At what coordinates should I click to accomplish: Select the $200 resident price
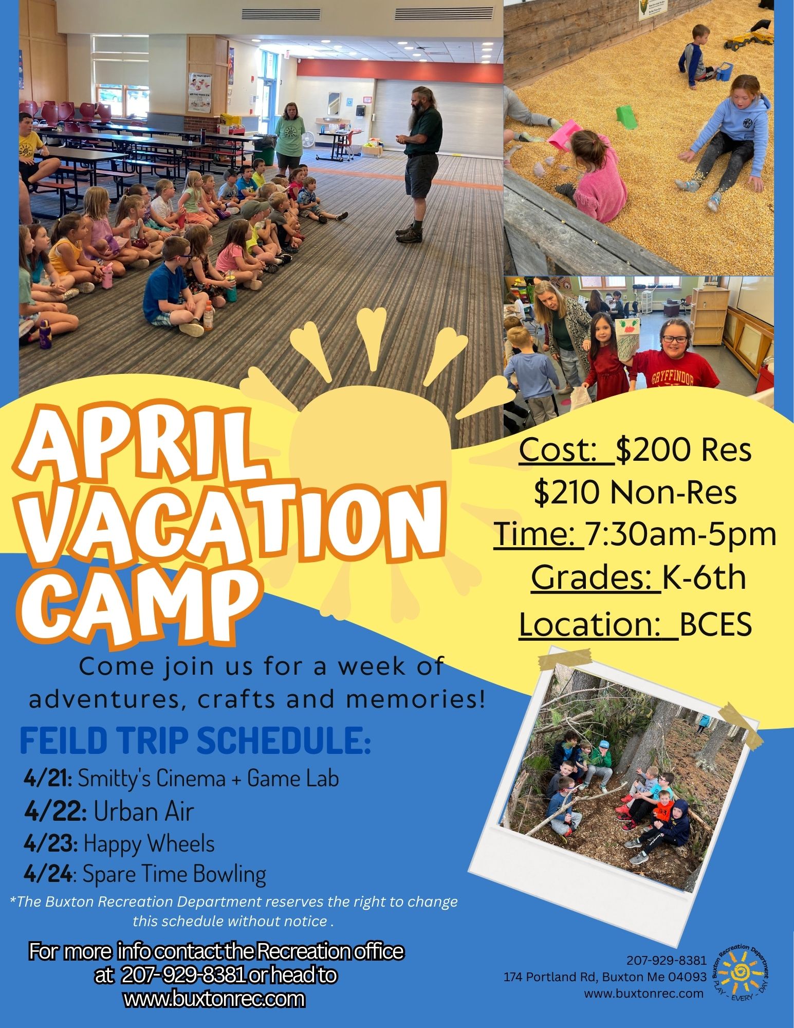[684, 449]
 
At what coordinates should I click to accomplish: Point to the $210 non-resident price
[635, 492]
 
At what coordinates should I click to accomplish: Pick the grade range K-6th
[704, 577]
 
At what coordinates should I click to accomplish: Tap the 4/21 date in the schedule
[48, 779]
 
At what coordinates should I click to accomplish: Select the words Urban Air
[144, 811]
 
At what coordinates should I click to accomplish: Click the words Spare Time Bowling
[174, 875]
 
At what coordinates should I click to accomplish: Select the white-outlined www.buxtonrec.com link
[214, 998]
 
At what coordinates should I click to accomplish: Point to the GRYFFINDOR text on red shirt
[672, 380]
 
